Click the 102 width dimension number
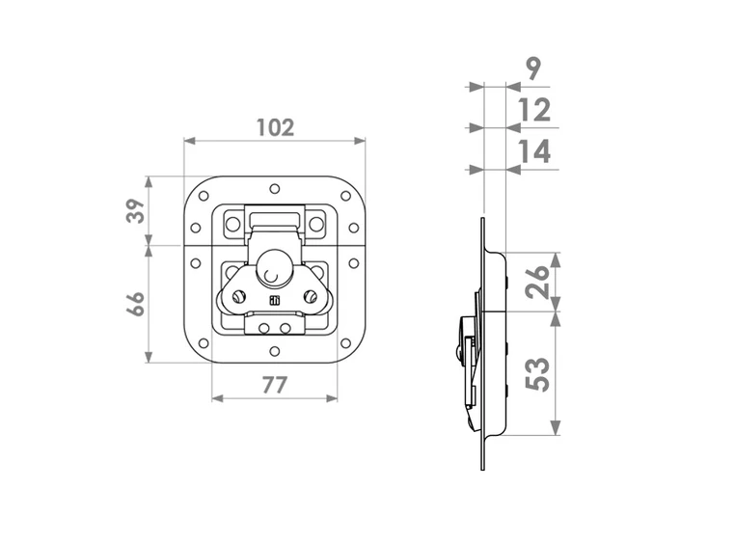[276, 127]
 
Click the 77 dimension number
[274, 386]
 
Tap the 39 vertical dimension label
[135, 211]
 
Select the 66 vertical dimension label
[135, 304]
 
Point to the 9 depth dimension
[533, 68]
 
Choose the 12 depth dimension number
[534, 110]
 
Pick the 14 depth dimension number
[534, 151]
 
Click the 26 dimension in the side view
[537, 282]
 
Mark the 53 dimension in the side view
[537, 374]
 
